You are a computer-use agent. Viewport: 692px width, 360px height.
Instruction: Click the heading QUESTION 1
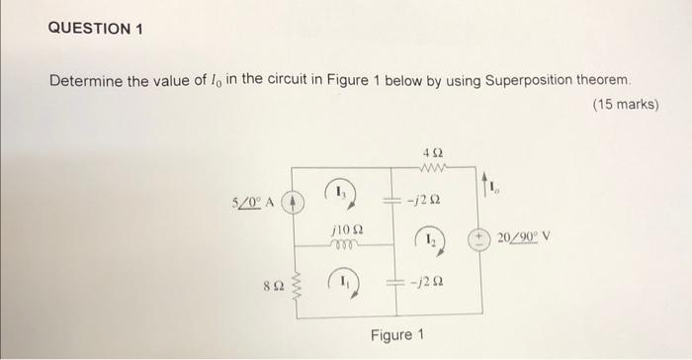pyautogui.click(x=96, y=28)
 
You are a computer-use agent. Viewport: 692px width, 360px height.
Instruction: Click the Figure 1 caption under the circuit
pyautogui.click(x=397, y=335)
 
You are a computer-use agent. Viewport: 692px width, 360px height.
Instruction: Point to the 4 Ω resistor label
pyautogui.click(x=431, y=154)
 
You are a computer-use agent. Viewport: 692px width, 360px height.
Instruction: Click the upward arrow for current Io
pyautogui.click(x=484, y=183)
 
